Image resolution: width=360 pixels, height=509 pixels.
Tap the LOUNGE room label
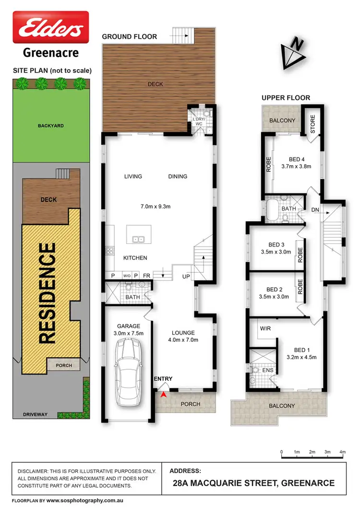(183, 332)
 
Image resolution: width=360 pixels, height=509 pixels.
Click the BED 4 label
(297, 159)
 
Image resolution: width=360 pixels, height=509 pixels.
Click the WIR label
(265, 329)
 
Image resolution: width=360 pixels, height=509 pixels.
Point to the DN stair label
(315, 210)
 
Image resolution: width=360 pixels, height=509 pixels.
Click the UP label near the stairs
(186, 277)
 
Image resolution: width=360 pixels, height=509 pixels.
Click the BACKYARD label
(50, 126)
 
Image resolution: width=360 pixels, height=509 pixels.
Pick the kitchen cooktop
(109, 250)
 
